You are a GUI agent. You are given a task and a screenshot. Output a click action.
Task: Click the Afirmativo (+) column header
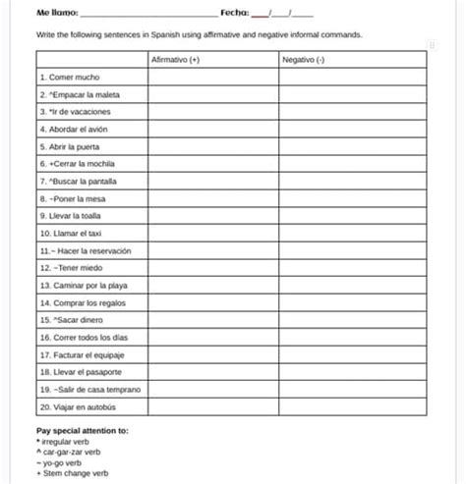[x=176, y=59]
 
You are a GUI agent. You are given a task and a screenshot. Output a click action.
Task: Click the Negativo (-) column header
[x=305, y=59]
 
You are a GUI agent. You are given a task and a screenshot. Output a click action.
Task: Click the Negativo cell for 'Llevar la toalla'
[x=351, y=216]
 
